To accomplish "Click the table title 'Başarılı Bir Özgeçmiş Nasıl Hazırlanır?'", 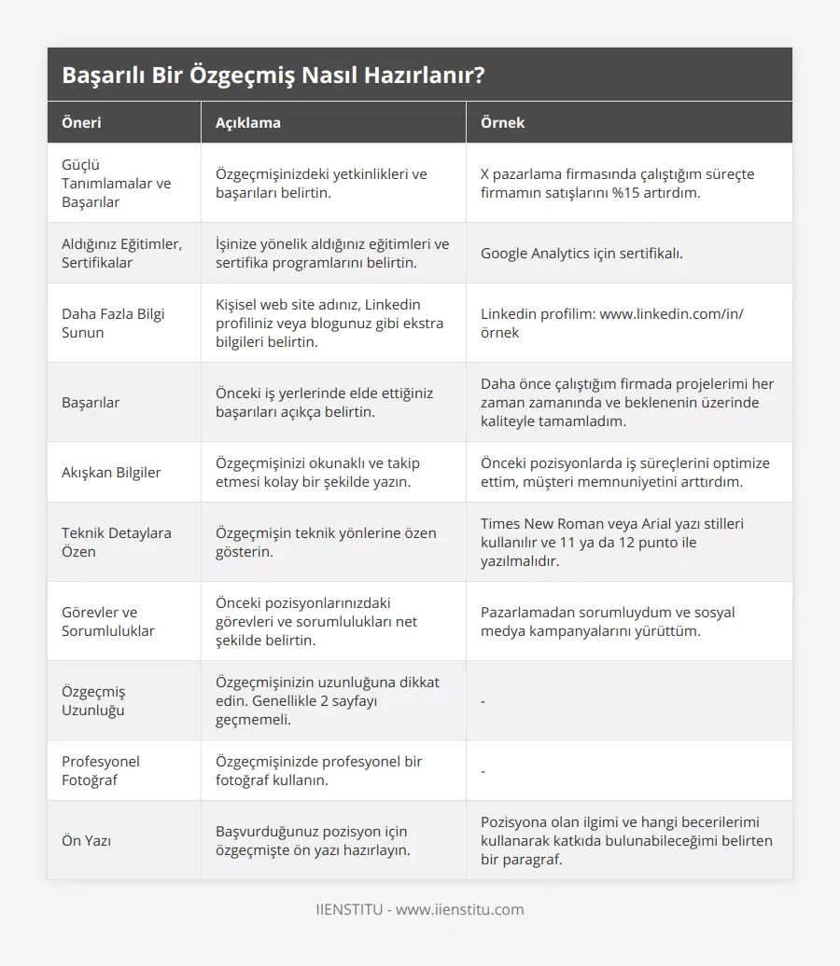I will coord(273,76).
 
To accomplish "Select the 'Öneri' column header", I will coord(82,123).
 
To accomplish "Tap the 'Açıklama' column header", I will coord(248,123).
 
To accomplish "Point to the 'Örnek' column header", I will coord(503,123).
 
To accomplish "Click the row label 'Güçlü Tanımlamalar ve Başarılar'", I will coord(117,183).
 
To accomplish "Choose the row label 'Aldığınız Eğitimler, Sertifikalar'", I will coord(121,253).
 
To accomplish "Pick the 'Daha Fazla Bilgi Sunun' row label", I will coord(113,323).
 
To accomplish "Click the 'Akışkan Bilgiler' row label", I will coord(111,472).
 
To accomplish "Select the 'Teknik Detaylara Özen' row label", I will coord(117,542).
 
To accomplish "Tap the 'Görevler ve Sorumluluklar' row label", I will coord(108,621).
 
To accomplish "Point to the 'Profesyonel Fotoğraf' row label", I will coord(101,770).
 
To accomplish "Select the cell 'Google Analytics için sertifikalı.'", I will coord(581,253).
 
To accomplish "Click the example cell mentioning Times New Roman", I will coord(612,542).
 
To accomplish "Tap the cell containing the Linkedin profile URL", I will coord(611,323).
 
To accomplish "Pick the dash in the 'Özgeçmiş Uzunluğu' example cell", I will coord(483,701).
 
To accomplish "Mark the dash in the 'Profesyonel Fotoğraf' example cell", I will coord(483,771).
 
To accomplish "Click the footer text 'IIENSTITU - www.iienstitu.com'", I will coord(420,909).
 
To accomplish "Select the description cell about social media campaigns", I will coord(608,621).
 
